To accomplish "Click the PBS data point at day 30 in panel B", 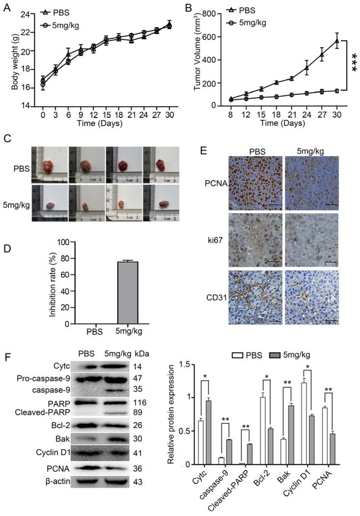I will click(336, 41).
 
